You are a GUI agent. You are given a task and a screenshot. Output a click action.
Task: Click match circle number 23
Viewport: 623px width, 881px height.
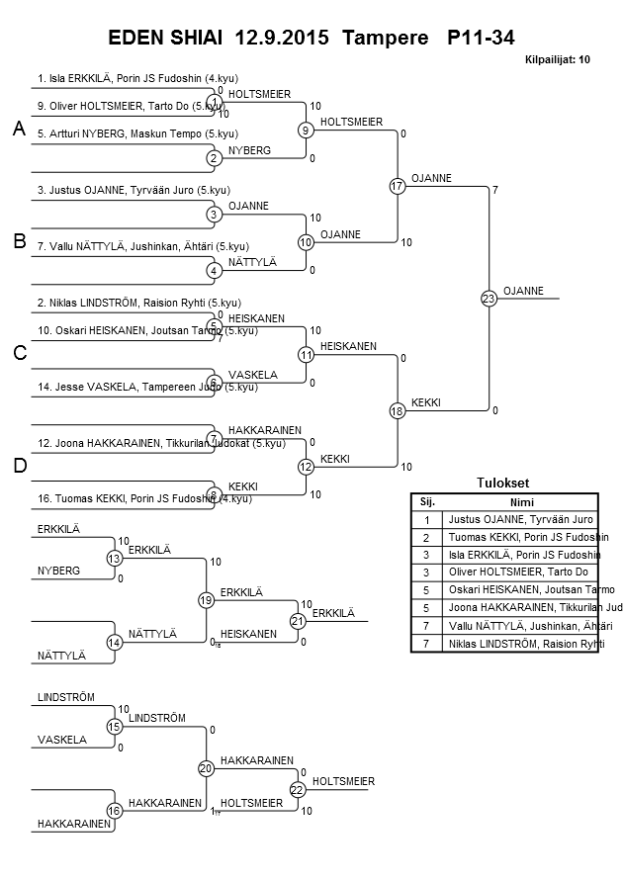[x=488, y=298]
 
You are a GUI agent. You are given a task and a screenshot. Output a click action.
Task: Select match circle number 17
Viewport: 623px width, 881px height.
[x=398, y=186]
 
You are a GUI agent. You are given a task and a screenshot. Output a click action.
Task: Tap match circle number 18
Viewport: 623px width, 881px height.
[x=398, y=410]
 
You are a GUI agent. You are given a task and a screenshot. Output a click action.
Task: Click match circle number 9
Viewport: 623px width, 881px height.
[x=307, y=130]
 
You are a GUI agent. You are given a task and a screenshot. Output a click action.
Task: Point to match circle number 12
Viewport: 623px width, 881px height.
[x=307, y=467]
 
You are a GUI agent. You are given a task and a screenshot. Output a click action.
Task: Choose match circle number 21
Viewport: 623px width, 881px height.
[x=297, y=621]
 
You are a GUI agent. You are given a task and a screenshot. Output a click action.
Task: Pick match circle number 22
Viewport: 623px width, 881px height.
[x=297, y=789]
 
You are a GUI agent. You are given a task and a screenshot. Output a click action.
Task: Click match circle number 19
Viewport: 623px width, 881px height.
[x=206, y=599]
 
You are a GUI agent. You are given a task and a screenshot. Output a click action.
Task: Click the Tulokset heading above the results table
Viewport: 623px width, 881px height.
[x=502, y=483]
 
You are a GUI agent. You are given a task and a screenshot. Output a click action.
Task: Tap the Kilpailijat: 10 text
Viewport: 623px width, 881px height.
[x=557, y=60]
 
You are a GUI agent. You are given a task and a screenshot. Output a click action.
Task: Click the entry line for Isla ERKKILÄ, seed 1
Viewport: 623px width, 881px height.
[x=137, y=78]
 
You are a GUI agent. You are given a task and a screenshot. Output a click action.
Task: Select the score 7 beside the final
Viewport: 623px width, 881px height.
[x=494, y=189]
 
